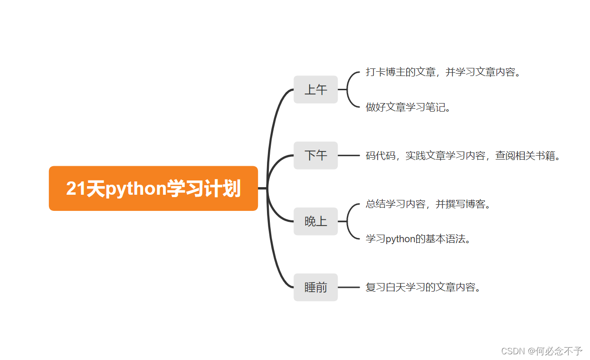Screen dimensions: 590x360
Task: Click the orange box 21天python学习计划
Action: point(153,189)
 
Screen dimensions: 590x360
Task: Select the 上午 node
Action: point(315,89)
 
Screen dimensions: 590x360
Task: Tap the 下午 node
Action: point(315,155)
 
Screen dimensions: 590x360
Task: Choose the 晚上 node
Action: point(315,221)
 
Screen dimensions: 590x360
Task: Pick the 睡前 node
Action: point(315,287)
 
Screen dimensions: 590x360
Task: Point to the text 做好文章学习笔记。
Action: point(408,107)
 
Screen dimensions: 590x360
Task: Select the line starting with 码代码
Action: point(463,156)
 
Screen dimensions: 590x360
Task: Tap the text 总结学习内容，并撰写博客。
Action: point(428,204)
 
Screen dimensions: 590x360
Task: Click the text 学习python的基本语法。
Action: point(418,239)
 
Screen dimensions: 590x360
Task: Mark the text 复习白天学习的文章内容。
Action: point(423,287)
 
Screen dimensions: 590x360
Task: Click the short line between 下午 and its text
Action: point(349,156)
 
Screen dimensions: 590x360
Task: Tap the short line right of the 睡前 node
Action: point(349,287)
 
